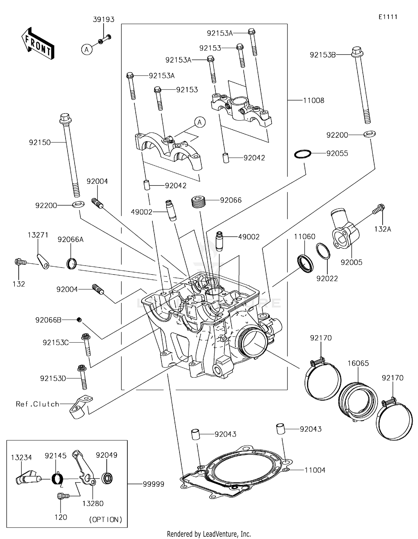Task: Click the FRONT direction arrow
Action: pos(38,44)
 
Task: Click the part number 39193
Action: pos(103,19)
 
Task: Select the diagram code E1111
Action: pos(388,17)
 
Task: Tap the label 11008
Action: pos(313,100)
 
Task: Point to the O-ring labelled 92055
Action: pos(303,154)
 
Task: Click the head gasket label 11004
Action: pos(315,470)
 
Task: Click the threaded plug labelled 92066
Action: pos(198,201)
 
